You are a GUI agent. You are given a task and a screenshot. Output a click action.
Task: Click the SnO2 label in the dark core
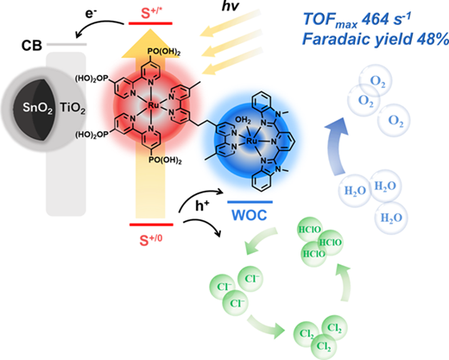click(38, 108)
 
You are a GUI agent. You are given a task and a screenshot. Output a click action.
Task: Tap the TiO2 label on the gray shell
click(73, 108)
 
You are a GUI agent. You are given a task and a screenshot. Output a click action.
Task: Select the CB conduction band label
click(32, 46)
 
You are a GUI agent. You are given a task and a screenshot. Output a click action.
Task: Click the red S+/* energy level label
click(150, 14)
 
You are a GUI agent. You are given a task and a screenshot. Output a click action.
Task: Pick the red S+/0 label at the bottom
click(151, 240)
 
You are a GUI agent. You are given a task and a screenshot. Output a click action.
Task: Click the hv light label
click(231, 6)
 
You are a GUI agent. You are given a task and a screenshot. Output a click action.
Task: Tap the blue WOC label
click(250, 215)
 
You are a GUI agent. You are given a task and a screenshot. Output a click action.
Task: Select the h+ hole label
click(202, 205)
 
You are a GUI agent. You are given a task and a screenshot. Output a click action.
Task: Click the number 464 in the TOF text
click(375, 20)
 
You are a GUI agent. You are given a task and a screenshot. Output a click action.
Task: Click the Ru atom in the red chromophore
click(153, 105)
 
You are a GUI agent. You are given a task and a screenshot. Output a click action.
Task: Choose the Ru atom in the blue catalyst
click(252, 141)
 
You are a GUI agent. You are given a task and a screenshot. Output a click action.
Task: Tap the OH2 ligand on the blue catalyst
click(243, 120)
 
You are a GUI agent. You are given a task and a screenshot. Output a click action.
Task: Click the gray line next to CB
click(66, 44)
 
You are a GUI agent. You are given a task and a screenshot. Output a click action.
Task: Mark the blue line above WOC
click(250, 202)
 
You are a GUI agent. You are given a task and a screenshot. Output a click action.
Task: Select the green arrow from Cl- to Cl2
click(266, 326)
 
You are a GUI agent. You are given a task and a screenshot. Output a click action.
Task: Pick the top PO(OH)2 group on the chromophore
click(164, 53)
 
